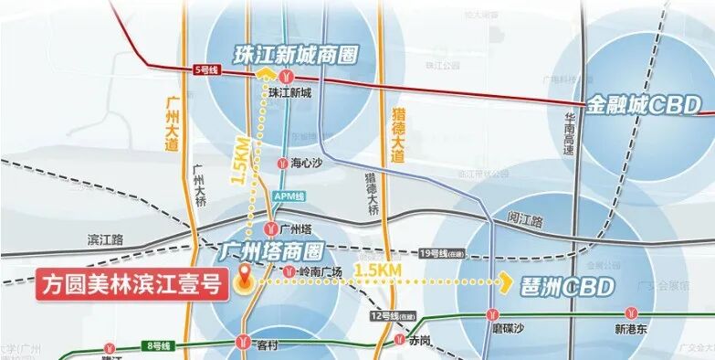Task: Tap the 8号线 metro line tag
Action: pos(158,345)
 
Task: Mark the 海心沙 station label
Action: pos(307,164)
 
